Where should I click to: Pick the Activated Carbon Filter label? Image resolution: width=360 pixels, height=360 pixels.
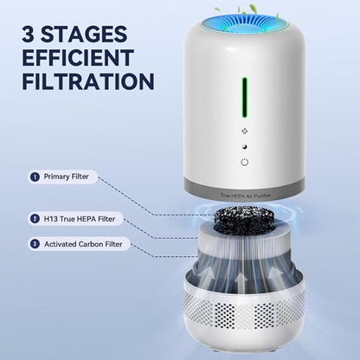click(83, 244)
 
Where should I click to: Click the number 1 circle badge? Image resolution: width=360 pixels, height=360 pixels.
click(35, 177)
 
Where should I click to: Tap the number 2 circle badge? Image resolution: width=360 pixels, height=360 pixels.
click(35, 220)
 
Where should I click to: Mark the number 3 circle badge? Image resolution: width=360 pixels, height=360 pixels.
click(35, 244)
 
